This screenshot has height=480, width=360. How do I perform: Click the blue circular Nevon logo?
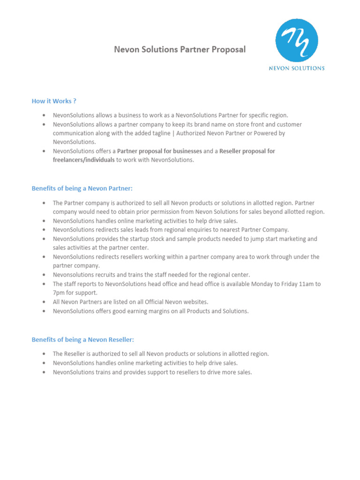coord(297,40)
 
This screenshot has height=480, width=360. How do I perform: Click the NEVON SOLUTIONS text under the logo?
coord(296,68)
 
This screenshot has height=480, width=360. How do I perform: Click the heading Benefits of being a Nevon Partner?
coord(82,188)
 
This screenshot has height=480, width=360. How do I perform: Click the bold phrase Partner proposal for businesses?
coord(159,151)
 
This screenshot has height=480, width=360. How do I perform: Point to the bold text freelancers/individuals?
coord(83,160)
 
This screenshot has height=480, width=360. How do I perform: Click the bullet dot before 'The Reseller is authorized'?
coord(44,354)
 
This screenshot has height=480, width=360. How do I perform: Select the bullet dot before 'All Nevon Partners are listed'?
coord(44,302)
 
